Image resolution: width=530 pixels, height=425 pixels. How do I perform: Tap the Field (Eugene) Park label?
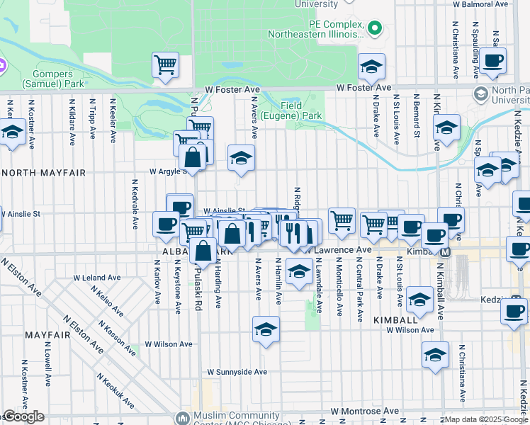click(x=291, y=110)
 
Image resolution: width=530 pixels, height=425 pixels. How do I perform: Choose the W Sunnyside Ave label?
click(x=237, y=371)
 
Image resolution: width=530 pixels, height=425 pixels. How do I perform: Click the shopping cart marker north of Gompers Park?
click(x=165, y=65)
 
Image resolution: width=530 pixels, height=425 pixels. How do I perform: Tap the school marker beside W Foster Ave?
click(x=371, y=67)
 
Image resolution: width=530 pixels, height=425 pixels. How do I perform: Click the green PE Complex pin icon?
click(x=375, y=29)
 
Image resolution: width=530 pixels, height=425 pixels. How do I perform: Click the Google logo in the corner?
click(x=23, y=416)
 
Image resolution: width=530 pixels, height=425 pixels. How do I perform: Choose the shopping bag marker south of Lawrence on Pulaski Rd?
click(x=203, y=251)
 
